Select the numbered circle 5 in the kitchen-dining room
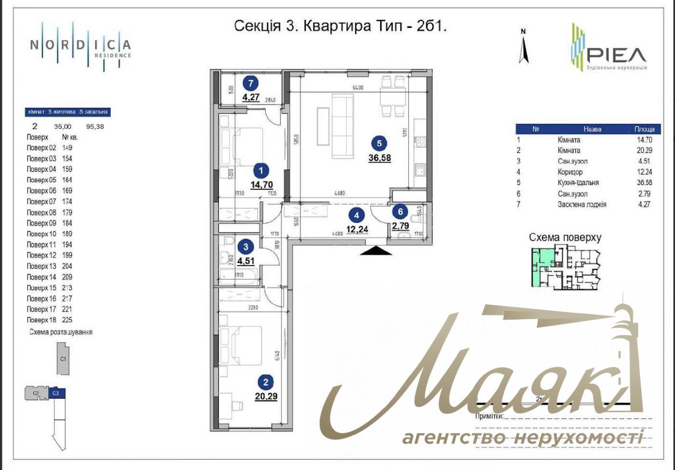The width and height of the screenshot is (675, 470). coord(379,143)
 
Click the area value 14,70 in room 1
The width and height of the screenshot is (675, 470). coord(262,184)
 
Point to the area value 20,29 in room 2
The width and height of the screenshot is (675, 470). coord(266,397)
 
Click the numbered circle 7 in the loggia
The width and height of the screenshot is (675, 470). coord(250,83)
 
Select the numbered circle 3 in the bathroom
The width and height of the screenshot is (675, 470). coord(246,247)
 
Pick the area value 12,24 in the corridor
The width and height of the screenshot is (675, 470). coord(357,229)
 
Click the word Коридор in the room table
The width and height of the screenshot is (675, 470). coord(570,172)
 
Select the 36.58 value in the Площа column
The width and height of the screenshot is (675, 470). coord(644,183)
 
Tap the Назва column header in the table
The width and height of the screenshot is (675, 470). coord(592,129)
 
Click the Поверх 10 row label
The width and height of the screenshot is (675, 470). coord(41,234)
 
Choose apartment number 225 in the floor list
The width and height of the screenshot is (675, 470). coord(67,320)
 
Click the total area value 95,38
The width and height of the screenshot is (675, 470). coord(95,127)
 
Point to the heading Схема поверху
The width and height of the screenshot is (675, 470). coord(565,237)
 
